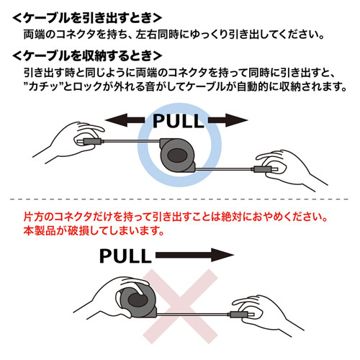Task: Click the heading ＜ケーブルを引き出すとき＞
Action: [x=87, y=18]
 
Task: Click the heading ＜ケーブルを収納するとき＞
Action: [x=87, y=56]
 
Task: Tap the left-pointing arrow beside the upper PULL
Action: [x=125, y=120]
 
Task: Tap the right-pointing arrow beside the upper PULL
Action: [x=228, y=120]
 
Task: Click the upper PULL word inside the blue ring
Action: [x=178, y=121]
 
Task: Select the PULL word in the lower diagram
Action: [x=125, y=256]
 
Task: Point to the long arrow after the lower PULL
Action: [x=194, y=255]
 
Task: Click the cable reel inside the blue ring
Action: [x=178, y=155]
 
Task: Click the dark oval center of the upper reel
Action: [x=178, y=156]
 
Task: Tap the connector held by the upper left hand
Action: [x=91, y=141]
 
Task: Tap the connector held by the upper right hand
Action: [x=265, y=169]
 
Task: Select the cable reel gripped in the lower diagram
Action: [x=138, y=301]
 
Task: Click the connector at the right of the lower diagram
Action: [x=240, y=314]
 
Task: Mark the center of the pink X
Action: [x=180, y=307]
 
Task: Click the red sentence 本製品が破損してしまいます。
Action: [x=94, y=231]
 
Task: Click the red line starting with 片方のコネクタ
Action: [x=176, y=217]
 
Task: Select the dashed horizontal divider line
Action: [x=179, y=199]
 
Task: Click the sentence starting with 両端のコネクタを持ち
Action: [x=174, y=35]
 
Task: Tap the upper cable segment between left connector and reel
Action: [x=132, y=141]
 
